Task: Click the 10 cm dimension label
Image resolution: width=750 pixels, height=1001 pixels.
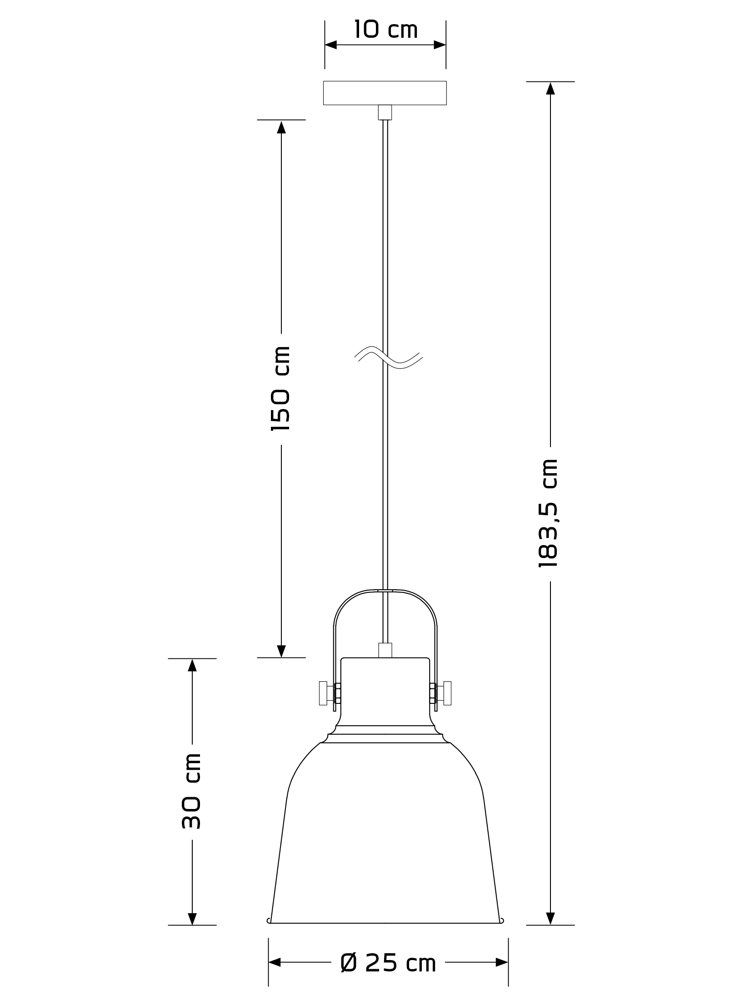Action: click(385, 30)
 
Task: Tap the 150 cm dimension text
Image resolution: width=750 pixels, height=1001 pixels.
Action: click(280, 388)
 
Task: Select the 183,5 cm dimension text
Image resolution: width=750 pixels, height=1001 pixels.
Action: click(548, 513)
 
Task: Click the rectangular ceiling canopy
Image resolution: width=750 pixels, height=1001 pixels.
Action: click(385, 93)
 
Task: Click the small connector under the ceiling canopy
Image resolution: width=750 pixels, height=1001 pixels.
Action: click(385, 112)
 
